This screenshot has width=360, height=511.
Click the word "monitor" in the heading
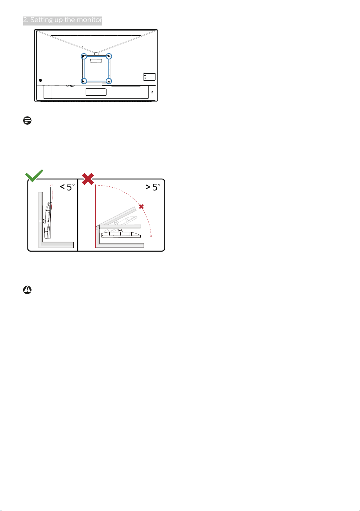90,20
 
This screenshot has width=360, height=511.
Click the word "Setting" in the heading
42,20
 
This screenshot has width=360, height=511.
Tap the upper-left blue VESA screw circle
84,56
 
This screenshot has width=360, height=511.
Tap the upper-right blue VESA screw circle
109,56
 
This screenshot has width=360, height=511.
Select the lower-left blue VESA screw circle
84,81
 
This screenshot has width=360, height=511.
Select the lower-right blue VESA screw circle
109,81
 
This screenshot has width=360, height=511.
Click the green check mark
34,176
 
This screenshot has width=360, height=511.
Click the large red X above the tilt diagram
88,179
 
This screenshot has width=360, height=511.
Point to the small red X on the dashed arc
141,206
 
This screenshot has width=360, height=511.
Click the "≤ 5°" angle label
67,187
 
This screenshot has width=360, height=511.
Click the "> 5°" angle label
153,187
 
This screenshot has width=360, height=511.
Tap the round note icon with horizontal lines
27,120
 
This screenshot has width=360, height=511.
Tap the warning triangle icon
27,290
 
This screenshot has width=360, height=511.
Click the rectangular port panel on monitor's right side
149,77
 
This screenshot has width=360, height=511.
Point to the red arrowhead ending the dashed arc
151,237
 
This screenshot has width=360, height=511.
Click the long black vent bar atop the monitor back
96,36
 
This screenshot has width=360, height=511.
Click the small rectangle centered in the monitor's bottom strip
96,92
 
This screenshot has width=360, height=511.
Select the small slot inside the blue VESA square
96,61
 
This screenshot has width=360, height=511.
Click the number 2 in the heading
25,20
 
